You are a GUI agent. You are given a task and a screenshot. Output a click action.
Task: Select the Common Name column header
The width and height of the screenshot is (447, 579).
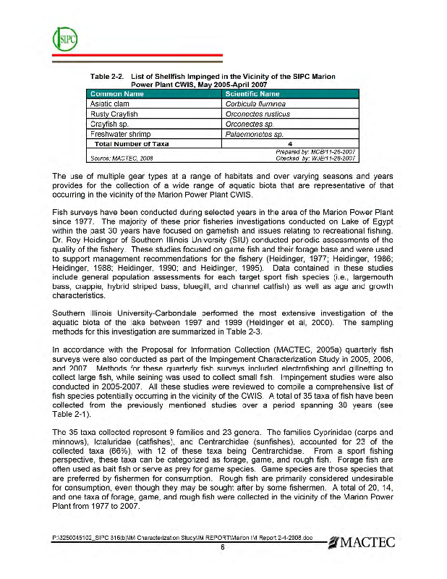[x=118, y=94]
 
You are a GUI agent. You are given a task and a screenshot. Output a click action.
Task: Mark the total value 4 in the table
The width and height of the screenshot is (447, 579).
[x=289, y=143]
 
